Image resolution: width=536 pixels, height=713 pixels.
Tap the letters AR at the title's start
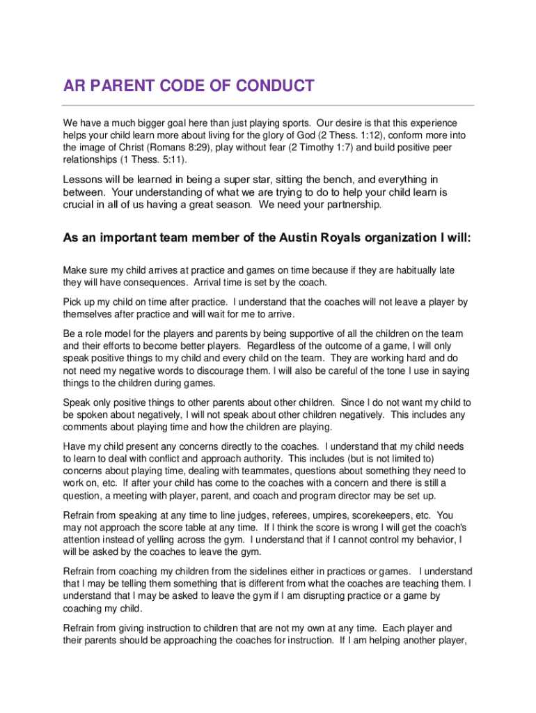click(75, 86)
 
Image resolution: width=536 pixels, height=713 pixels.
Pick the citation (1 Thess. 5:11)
click(142, 159)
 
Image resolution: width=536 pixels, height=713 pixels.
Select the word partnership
click(352, 205)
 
